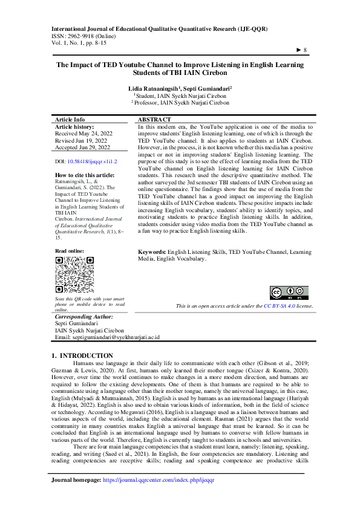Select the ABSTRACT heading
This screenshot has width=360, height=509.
[x=154, y=120]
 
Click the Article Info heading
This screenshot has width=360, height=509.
[x=70, y=120]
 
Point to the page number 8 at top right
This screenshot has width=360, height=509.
[x=303, y=50]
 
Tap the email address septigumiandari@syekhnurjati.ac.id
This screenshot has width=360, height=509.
[x=107, y=337]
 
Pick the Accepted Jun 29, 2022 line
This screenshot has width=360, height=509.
[x=83, y=147]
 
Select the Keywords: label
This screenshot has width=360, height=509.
[x=152, y=267]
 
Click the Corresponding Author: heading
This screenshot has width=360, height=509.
[x=84, y=316]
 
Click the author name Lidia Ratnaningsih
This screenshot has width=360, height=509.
[x=154, y=88]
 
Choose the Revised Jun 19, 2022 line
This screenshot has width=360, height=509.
[x=81, y=140]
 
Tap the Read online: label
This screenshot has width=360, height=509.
[x=70, y=250]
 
